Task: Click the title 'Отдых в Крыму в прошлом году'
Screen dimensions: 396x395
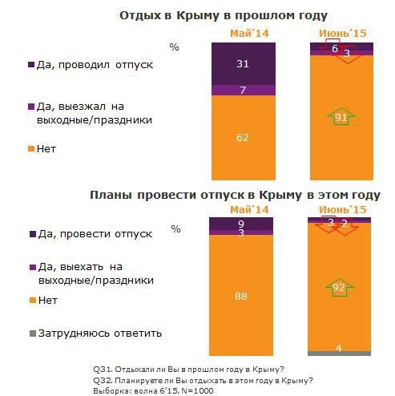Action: point(223,15)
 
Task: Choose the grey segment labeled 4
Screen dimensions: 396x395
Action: point(340,353)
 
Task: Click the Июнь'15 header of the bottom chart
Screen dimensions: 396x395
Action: point(340,208)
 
